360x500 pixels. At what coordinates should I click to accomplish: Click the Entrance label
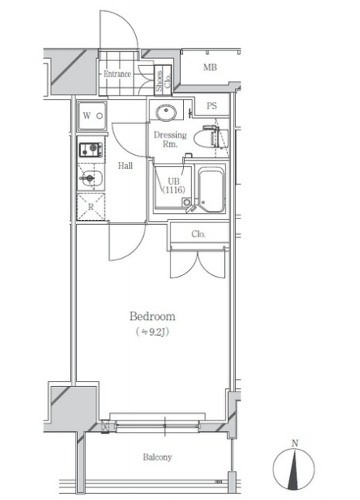tap(117, 74)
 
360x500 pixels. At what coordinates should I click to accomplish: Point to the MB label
tap(210, 68)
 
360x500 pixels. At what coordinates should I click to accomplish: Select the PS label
tap(211, 105)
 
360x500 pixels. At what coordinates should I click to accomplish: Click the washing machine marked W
tap(92, 116)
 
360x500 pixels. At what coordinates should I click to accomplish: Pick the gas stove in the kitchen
tap(91, 149)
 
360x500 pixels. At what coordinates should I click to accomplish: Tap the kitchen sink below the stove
tap(91, 178)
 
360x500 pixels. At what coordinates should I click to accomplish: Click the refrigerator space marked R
tap(91, 207)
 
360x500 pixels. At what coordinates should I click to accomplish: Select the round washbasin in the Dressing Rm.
tap(166, 112)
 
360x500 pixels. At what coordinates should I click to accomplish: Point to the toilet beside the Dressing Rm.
tap(215, 137)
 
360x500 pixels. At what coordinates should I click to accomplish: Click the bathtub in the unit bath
tap(211, 190)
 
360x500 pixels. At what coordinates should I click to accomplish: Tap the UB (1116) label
tap(174, 186)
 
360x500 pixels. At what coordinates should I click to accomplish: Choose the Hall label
tap(125, 166)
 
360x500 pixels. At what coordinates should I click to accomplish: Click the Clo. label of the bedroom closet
tap(198, 234)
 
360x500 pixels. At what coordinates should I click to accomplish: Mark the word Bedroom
tap(152, 316)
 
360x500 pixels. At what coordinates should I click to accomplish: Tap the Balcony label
tap(157, 458)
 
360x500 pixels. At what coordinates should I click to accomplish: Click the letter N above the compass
tap(295, 443)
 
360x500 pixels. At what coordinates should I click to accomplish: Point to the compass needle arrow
tap(294, 469)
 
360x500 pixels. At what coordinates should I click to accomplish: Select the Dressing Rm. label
tap(170, 139)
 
